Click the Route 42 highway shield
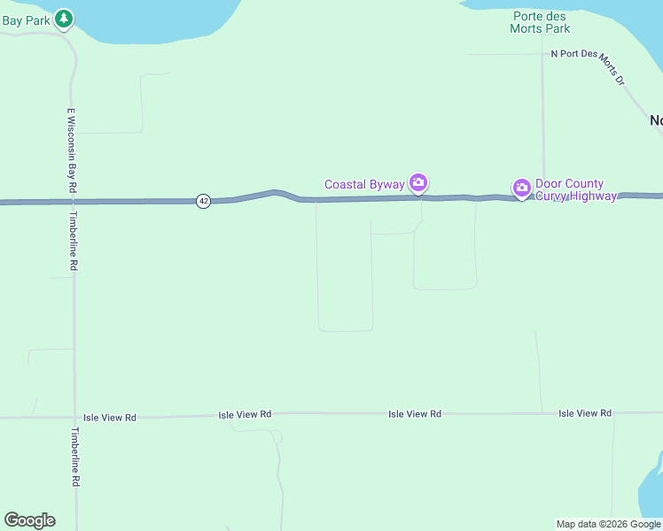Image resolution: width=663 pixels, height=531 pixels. coord(204,201)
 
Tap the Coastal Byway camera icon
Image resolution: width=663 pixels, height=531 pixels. coord(418,183)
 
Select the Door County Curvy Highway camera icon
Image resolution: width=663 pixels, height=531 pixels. coord(522,187)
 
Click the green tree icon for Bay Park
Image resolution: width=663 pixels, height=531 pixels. coord(63,18)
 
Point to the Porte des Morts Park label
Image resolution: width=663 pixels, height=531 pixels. coord(540,22)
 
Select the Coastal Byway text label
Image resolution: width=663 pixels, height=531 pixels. coord(364,185)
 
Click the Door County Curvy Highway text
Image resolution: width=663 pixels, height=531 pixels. coord(575,189)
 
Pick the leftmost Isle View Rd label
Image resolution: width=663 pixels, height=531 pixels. coord(110,417)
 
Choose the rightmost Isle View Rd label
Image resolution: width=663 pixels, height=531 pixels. coord(585,413)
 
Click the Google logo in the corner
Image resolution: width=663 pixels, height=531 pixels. coord(29,520)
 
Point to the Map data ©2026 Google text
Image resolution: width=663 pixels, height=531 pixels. coord(608,524)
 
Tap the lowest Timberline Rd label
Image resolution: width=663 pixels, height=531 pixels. coord(76,457)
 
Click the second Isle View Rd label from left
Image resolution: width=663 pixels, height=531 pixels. coord(245,414)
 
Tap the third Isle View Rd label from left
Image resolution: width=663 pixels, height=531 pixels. coord(415,414)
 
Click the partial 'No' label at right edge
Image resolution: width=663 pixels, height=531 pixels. coord(656,120)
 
